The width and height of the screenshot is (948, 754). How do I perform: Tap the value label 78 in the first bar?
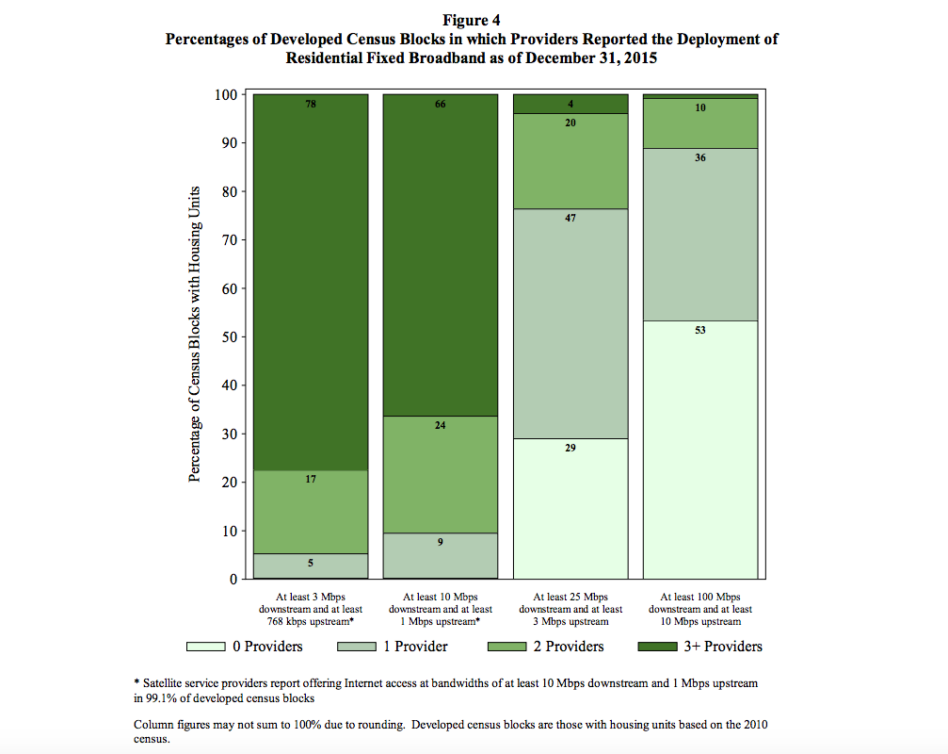(311, 104)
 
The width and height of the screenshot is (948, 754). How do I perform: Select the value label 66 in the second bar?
(440, 104)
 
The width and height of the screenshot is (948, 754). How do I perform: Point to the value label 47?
(570, 218)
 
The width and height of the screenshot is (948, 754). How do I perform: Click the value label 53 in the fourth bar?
(699, 330)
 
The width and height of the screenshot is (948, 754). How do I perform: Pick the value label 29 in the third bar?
(570, 448)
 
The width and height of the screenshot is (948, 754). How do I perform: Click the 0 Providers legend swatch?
(205, 647)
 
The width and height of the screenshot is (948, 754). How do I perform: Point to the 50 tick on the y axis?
(226, 336)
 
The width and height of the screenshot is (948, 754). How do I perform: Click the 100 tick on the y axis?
(224, 94)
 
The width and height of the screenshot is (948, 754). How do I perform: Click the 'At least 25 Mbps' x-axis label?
(570, 597)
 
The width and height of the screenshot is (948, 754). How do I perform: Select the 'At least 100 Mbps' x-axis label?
(699, 597)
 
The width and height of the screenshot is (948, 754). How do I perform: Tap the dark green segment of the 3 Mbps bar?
(311, 283)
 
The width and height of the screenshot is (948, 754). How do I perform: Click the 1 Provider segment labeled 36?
(699, 236)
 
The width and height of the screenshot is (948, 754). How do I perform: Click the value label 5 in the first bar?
(311, 563)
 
